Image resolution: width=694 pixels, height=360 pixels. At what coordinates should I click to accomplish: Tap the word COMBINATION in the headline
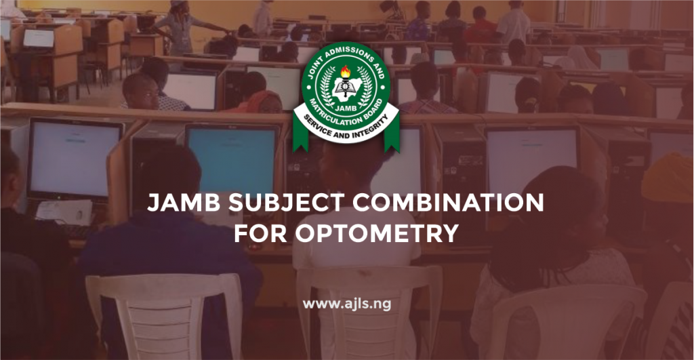pyautogui.click(x=434, y=203)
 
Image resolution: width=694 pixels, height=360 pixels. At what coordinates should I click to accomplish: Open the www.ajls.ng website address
pyautogui.click(x=347, y=304)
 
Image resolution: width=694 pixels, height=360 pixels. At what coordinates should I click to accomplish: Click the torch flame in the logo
pyautogui.click(x=346, y=71)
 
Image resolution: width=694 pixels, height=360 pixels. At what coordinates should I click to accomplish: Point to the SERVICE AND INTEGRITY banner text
pyautogui.click(x=346, y=133)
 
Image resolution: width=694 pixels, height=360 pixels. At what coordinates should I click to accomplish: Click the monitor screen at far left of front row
pyautogui.click(x=74, y=159)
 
